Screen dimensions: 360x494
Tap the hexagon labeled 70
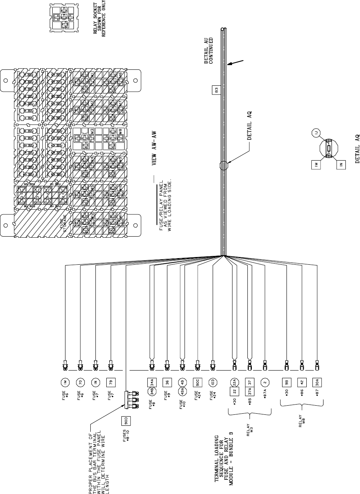[80, 383]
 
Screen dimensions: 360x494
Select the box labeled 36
[167, 383]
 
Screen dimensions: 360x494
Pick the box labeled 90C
[197, 383]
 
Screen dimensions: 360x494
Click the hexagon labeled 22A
[234, 382]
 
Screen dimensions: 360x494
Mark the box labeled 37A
[249, 392]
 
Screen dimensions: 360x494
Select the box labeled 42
[302, 383]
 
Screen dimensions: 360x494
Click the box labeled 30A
[317, 383]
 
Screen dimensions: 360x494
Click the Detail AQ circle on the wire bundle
[223, 165]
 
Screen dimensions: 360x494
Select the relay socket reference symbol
[64, 17]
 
